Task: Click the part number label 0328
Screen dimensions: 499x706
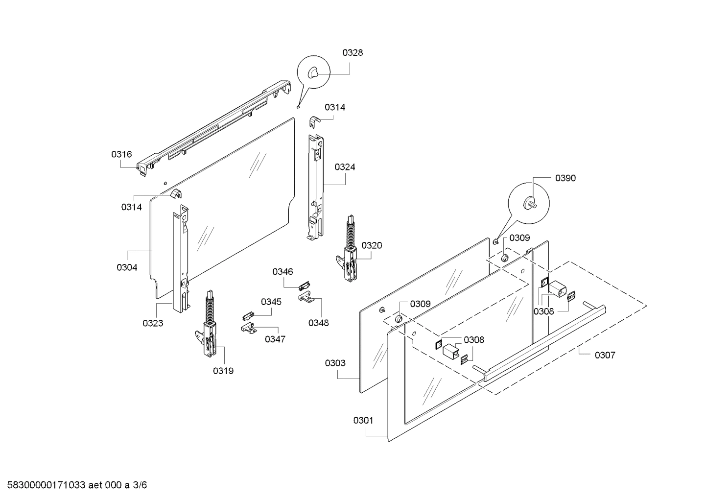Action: point(353,53)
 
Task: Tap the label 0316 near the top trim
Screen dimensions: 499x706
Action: point(121,154)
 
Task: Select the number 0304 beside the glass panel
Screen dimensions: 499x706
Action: point(127,267)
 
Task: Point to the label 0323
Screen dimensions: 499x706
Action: point(153,323)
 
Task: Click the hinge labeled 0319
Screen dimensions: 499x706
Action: point(209,333)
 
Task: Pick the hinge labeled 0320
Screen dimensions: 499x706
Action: point(350,255)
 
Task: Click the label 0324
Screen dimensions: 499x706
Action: point(345,167)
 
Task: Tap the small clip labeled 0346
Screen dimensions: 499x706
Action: point(304,285)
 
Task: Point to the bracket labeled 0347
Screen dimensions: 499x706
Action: point(249,328)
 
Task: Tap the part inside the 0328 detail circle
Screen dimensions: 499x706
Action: point(312,72)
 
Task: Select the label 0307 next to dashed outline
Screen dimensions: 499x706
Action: point(605,355)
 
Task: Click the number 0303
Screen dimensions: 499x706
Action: point(335,363)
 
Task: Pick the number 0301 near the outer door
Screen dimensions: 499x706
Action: point(363,420)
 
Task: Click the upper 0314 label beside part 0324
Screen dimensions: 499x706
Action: point(335,107)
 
